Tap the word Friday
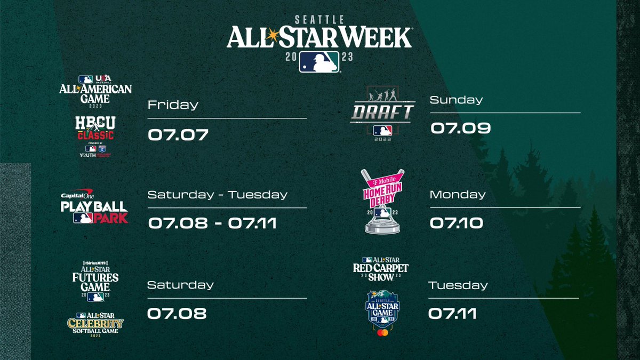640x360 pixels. [173, 105]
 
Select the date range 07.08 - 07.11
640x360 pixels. [212, 222]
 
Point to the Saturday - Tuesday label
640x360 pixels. [218, 195]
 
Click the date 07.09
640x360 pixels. [460, 128]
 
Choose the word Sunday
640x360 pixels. [456, 100]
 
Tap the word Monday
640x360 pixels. [458, 195]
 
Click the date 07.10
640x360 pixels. [457, 222]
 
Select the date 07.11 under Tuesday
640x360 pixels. [452, 313]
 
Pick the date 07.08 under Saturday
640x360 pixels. [177, 313]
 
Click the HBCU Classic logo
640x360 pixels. [95, 135]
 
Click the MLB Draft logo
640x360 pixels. [382, 113]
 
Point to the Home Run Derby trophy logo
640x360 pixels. [382, 201]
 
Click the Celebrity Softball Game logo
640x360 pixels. [95, 323]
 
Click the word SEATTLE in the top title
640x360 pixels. [319, 19]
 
